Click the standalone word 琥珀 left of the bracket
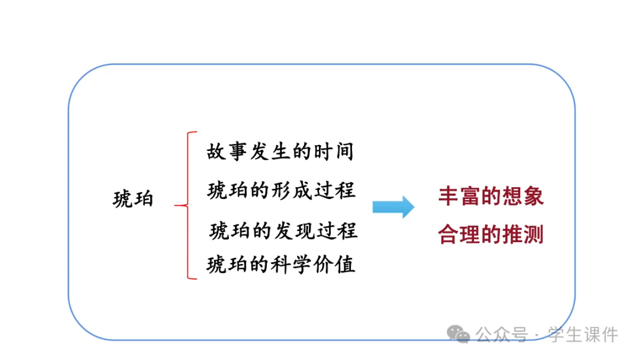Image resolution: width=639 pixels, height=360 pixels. click(133, 199)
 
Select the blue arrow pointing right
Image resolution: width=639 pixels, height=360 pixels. click(393, 207)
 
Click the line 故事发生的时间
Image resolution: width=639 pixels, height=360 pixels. click(280, 152)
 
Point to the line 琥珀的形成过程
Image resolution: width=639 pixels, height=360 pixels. click(282, 191)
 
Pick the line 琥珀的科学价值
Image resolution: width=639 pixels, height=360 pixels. click(281, 264)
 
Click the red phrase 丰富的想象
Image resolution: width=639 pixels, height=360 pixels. click(490, 196)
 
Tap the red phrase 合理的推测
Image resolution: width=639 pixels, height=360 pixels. click(490, 235)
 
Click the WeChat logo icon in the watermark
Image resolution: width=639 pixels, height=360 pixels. click(459, 334)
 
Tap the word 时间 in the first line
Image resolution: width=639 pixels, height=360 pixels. click(338, 152)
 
